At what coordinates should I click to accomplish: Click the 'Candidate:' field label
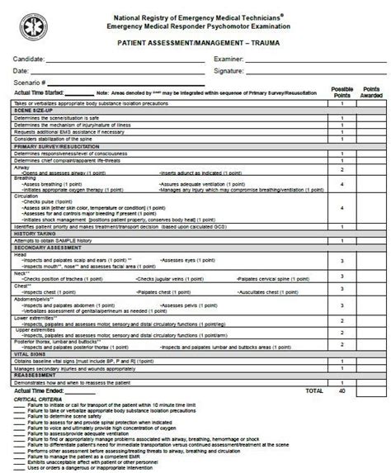coord(31,59)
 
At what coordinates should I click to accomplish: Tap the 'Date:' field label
coord(22,71)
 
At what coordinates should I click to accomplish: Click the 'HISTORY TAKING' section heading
coord(34,233)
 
